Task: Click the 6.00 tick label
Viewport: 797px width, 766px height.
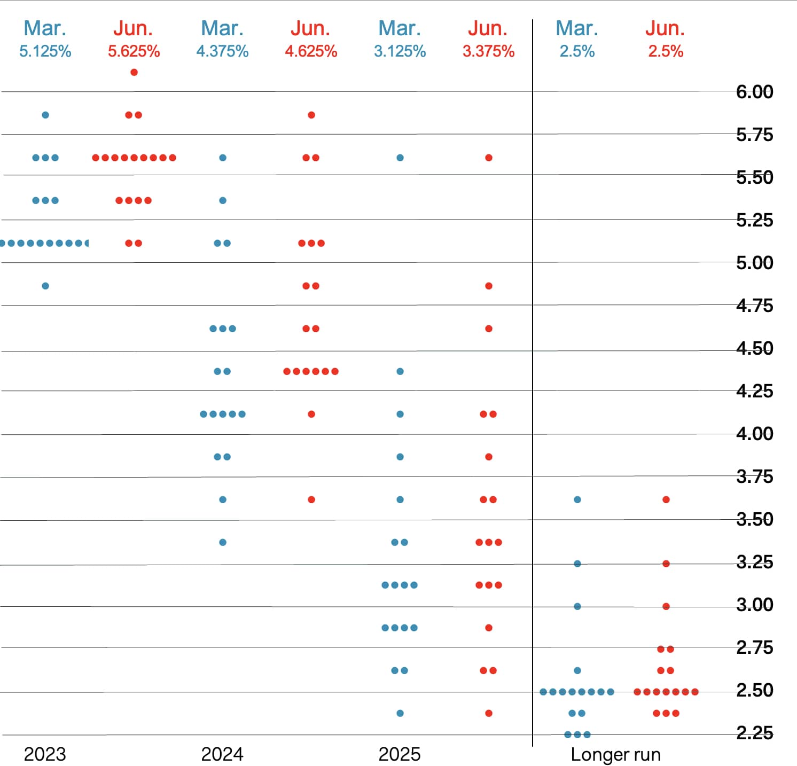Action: tap(754, 92)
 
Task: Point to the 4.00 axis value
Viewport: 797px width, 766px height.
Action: tap(754, 434)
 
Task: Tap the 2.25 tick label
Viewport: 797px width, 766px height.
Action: tap(754, 733)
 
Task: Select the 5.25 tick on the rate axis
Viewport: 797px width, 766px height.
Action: tap(754, 220)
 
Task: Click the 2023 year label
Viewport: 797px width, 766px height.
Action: tap(45, 754)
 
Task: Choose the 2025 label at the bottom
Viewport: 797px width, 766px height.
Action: tap(400, 754)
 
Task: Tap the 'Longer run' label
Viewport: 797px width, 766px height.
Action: tap(615, 754)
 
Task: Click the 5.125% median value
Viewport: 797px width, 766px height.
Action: tap(45, 51)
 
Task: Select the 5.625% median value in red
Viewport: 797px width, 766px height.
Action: tap(134, 51)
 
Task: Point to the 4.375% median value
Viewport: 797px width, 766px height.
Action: tap(222, 51)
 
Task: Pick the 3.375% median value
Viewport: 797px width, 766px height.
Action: tap(488, 51)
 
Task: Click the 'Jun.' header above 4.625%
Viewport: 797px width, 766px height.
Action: tap(310, 28)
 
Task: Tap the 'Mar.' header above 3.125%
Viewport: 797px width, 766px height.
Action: tap(400, 28)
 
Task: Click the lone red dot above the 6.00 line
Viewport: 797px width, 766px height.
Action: tap(134, 72)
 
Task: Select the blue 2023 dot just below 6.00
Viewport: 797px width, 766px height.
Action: tap(45, 115)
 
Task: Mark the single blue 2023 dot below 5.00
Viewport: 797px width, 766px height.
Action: tap(45, 286)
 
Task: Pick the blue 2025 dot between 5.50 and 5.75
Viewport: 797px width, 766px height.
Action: tap(400, 158)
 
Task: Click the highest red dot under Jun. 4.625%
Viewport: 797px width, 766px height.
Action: tap(311, 115)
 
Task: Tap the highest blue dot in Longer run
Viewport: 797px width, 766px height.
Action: tap(577, 499)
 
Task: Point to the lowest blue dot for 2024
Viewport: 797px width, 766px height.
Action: tap(223, 542)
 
